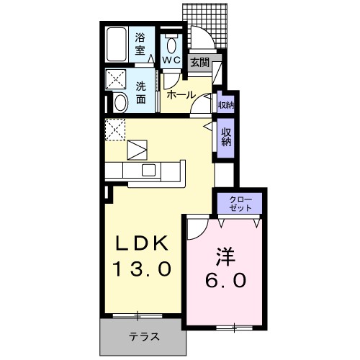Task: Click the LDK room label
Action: (142, 243)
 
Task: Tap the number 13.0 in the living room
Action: (142, 270)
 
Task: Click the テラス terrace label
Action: (144, 337)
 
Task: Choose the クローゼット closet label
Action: (240, 202)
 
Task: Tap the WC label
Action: (171, 60)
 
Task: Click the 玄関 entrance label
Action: (199, 63)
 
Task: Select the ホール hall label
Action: (179, 94)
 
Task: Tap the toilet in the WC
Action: (171, 41)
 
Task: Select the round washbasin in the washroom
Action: (120, 102)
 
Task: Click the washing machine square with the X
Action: (116, 78)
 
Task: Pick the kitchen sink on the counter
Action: (149, 169)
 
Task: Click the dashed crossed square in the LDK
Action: (114, 130)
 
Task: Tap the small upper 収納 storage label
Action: (225, 105)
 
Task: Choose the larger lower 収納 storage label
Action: (226, 136)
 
